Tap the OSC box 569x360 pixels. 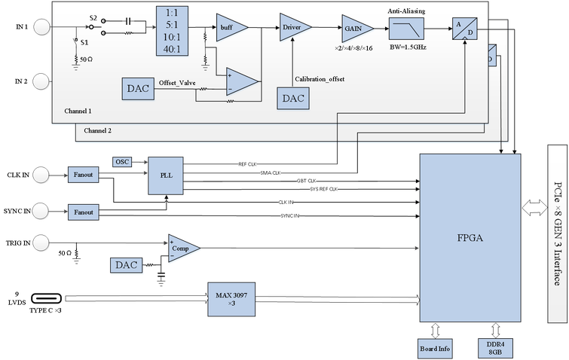122,162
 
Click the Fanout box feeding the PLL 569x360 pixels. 83,175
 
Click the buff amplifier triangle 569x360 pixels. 226,27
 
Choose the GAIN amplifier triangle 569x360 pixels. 352,27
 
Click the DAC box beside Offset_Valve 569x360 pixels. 138,88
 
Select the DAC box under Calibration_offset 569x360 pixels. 293,98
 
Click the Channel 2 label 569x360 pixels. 98,130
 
